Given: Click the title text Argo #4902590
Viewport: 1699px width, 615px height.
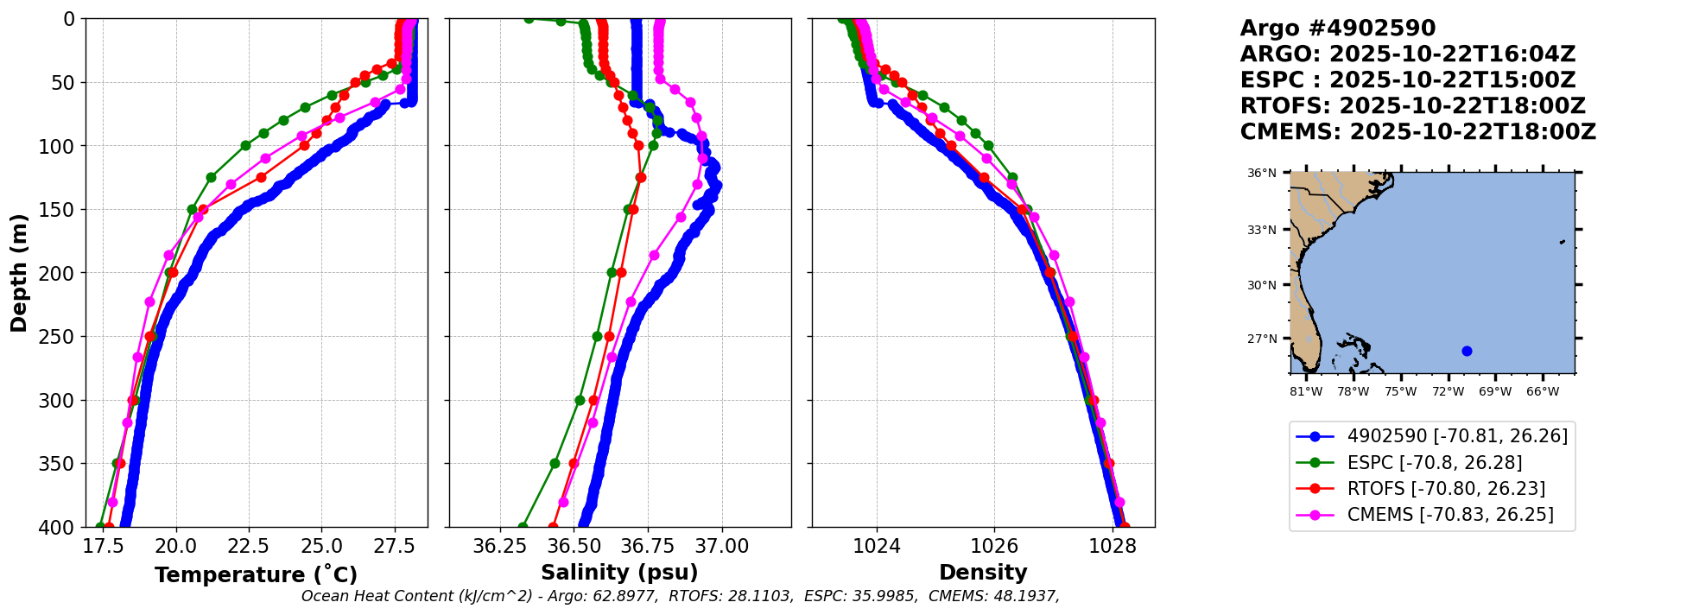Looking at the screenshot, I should point(1337,29).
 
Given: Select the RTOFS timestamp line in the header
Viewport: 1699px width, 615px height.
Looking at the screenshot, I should point(1412,106).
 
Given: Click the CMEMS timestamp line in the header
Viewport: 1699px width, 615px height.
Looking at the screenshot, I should point(1417,132).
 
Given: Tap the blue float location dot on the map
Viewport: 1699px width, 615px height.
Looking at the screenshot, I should point(1467,351).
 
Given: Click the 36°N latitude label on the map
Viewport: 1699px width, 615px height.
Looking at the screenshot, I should point(1261,173).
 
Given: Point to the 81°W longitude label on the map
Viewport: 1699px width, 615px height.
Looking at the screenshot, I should point(1306,391).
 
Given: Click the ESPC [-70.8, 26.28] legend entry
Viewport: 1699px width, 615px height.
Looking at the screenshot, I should point(1434,463).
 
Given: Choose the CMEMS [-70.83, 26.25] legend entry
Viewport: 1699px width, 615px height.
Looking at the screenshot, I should point(1449,515).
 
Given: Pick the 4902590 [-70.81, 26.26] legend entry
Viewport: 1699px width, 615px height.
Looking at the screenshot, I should point(1456,436).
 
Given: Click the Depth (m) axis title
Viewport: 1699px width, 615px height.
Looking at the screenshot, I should point(19,272).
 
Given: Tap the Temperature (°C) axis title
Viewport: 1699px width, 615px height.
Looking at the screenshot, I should point(256,574).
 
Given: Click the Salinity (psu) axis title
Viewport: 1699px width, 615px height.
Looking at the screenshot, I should point(619,573).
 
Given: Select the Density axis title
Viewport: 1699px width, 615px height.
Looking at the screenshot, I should point(983,573).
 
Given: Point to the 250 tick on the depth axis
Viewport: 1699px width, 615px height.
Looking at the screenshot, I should point(60,337).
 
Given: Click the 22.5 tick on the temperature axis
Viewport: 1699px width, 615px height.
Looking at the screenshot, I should point(249,546).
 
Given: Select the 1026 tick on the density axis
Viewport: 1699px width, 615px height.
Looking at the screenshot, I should point(994,546).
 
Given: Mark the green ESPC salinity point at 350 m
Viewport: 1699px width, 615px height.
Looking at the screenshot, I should point(555,464).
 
